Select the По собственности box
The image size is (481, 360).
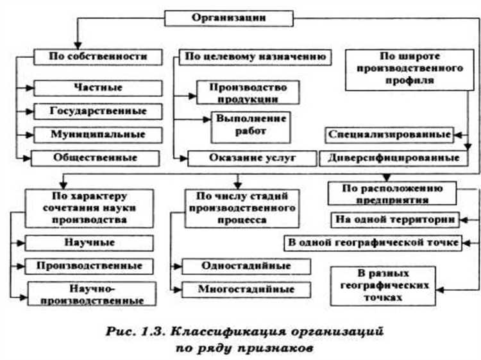98,57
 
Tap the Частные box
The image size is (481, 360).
97,87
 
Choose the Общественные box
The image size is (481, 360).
97,157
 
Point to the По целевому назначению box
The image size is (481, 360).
256,57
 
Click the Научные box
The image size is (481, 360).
89,243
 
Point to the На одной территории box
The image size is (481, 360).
394,220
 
